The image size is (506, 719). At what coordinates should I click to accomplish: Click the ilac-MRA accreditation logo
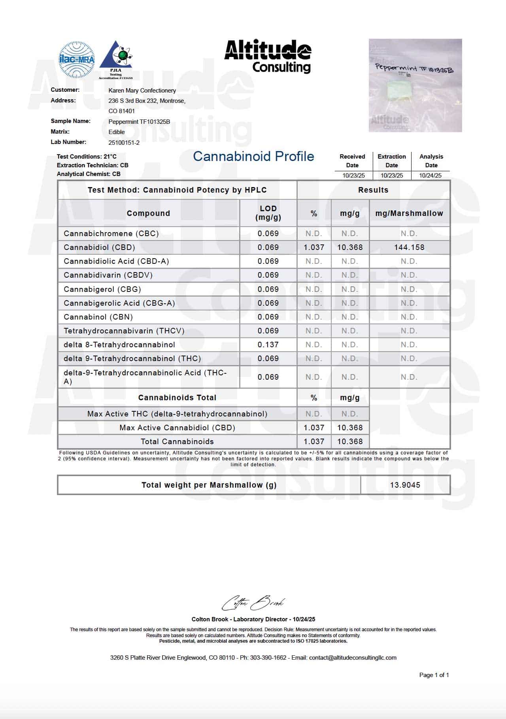[x=77, y=60]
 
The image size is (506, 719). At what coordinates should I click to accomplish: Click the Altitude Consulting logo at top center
[x=268, y=56]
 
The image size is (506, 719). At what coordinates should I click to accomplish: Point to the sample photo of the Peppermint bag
[x=415, y=85]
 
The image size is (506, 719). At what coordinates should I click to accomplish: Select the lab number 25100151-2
[x=124, y=143]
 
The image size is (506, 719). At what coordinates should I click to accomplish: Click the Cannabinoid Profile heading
[x=253, y=157]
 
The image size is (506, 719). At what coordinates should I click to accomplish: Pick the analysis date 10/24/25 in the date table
[x=430, y=175]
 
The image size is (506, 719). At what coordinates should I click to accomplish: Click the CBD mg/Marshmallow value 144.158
[x=409, y=248]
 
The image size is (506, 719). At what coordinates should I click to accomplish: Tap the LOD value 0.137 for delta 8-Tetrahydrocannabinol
[x=268, y=345]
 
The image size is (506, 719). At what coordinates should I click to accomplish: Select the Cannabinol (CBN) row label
[x=98, y=317]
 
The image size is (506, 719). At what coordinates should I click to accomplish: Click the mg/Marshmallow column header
[x=409, y=214]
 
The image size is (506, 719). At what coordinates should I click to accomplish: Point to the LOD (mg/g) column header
[x=268, y=213]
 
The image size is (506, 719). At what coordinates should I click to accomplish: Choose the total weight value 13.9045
[x=405, y=485]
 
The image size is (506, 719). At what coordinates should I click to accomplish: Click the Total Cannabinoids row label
[x=177, y=442]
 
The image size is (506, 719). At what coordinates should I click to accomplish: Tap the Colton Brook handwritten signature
[x=253, y=603]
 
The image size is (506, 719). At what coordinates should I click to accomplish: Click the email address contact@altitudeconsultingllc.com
[x=353, y=658]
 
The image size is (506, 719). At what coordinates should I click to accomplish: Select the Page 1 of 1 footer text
[x=434, y=675]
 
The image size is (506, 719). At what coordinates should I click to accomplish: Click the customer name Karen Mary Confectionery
[x=142, y=91]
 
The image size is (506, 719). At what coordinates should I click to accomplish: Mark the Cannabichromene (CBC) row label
[x=111, y=234]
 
